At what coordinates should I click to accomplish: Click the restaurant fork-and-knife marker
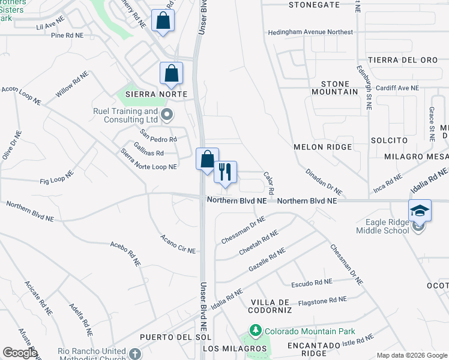click(x=225, y=172)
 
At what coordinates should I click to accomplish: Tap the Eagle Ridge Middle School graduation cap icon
click(x=420, y=211)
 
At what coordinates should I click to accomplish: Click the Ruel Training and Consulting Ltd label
click(x=125, y=115)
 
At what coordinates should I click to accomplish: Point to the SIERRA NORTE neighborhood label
click(x=152, y=94)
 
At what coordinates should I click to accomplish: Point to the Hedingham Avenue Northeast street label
click(x=310, y=32)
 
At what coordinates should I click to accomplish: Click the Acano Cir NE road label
click(x=178, y=244)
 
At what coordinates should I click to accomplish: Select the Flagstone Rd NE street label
click(x=322, y=300)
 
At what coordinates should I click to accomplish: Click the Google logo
click(x=20, y=353)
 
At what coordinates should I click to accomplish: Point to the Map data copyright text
click(x=411, y=355)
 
